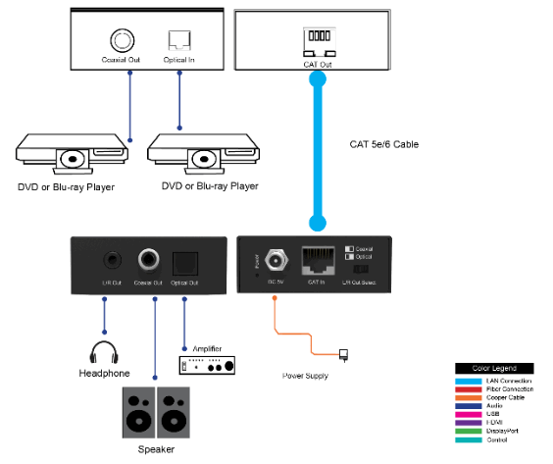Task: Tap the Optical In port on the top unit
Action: [x=177, y=40]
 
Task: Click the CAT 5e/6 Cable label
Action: [x=384, y=144]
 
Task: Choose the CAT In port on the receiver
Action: [x=318, y=260]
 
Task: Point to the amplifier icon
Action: [x=207, y=365]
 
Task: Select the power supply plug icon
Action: [x=343, y=354]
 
